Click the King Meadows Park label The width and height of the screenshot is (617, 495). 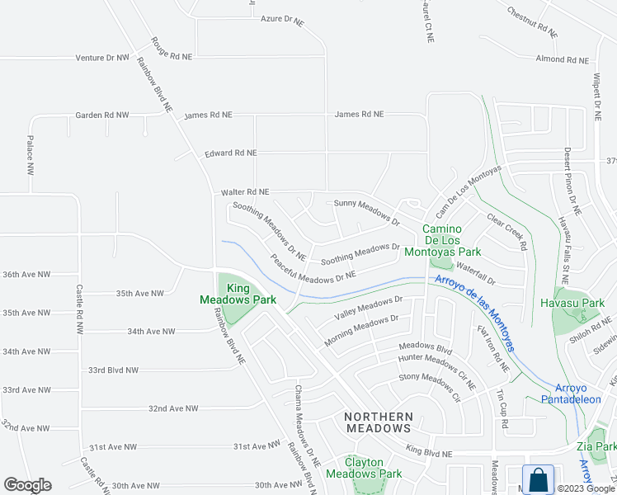coord(239,295)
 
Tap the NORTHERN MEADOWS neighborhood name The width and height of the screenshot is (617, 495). coord(377,422)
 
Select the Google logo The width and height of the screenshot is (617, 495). coord(27,485)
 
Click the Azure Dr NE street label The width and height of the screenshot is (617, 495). coord(282,18)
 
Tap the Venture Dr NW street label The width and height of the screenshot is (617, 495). coord(102,58)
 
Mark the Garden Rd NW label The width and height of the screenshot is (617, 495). coord(102,115)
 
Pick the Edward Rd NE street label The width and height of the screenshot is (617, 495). coord(231,153)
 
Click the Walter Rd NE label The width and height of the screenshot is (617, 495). coord(245,192)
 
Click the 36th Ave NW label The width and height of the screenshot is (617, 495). coord(26,274)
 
